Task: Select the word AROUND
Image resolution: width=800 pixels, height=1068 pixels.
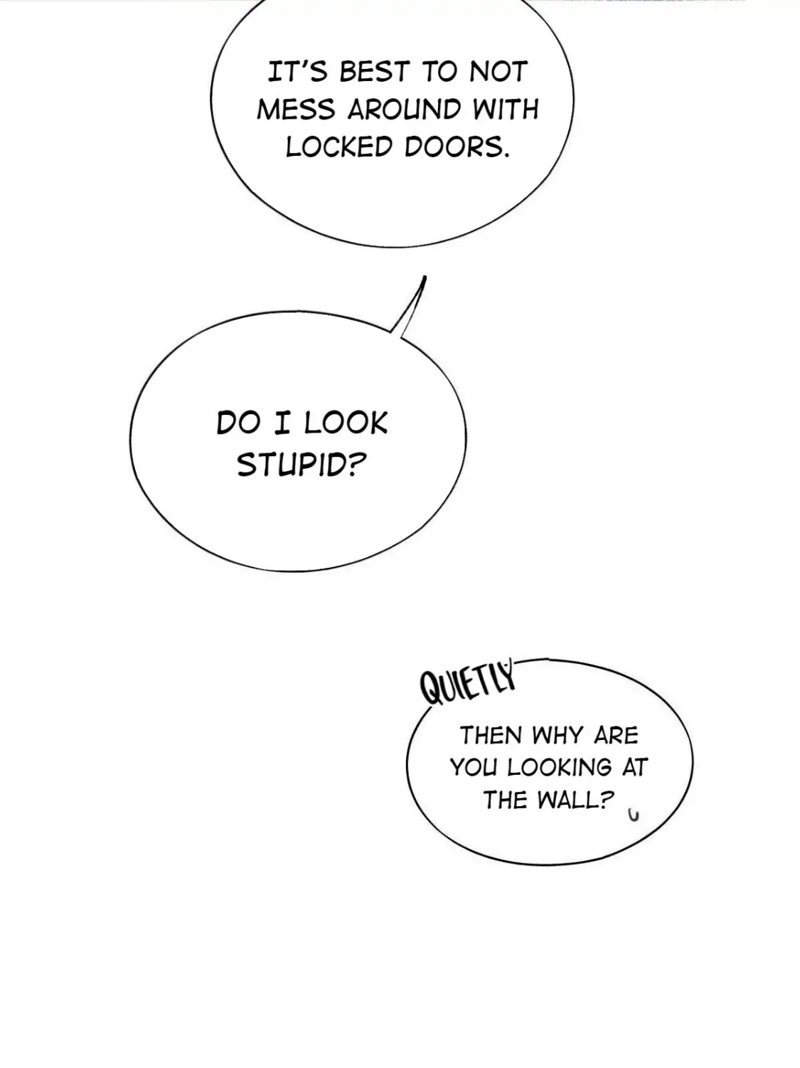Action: (405, 110)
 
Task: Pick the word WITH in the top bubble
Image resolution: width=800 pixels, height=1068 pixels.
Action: (506, 110)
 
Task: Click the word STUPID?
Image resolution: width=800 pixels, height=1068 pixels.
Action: (301, 465)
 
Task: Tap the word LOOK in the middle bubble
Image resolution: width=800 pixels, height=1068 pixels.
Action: (346, 423)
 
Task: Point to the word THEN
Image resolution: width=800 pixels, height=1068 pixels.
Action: (490, 735)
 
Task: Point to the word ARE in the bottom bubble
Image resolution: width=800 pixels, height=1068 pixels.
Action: (617, 735)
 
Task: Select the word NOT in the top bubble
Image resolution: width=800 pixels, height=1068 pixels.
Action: (498, 73)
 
